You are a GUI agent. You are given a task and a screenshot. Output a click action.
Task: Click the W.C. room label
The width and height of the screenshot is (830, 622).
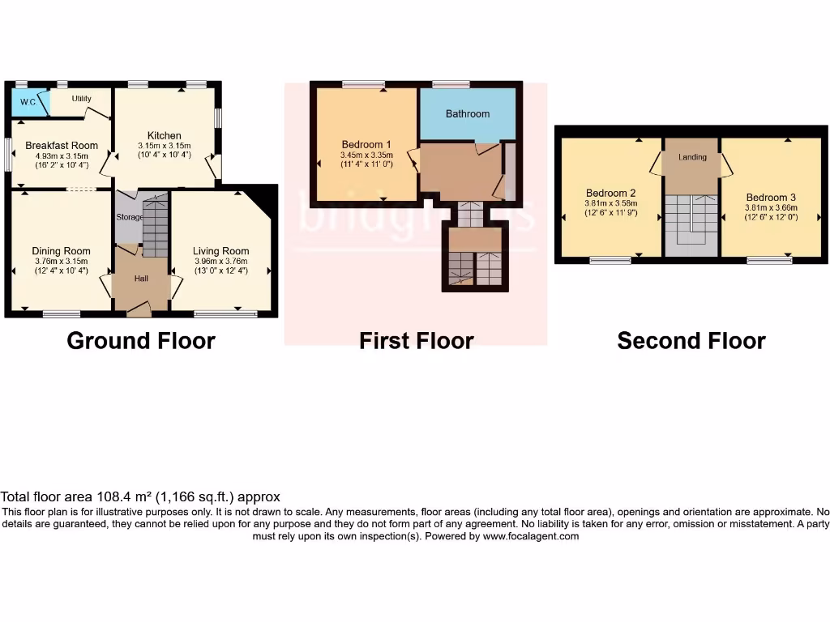click(x=28, y=102)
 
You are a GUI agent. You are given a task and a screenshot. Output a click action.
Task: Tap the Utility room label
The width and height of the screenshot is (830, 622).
click(x=81, y=99)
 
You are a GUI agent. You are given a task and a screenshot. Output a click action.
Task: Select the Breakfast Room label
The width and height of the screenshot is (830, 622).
click(x=62, y=146)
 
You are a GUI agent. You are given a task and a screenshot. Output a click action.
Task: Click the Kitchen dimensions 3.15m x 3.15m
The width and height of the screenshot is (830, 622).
click(x=164, y=146)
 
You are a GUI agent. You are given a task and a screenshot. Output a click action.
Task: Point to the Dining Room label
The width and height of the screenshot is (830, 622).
click(x=62, y=251)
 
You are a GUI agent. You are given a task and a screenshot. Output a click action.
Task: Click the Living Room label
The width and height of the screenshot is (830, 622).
click(x=220, y=251)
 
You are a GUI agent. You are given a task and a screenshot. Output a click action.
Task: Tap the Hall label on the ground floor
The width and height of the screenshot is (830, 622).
click(x=141, y=279)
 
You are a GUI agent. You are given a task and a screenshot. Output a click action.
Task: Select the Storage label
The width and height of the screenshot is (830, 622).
click(x=129, y=217)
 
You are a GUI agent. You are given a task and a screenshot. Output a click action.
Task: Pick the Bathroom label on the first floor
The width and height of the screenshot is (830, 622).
click(x=468, y=113)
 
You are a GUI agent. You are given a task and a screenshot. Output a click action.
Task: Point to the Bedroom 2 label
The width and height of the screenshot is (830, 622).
click(x=610, y=193)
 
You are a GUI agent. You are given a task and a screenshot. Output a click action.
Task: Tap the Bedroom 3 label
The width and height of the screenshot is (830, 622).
click(x=771, y=197)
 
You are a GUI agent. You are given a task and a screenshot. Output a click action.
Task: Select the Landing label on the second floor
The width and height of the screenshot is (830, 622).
click(x=692, y=157)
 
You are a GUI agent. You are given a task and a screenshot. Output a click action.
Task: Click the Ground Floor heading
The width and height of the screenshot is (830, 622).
click(x=141, y=341)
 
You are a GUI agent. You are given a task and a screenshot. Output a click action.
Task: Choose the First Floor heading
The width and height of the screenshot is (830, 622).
click(x=416, y=341)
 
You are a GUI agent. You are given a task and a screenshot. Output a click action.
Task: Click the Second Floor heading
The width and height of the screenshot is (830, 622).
click(x=691, y=341)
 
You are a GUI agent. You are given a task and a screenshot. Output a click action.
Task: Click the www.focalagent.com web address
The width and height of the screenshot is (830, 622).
click(x=531, y=536)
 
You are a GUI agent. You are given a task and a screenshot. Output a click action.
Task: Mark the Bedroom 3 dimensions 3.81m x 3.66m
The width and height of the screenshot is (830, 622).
click(x=771, y=207)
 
